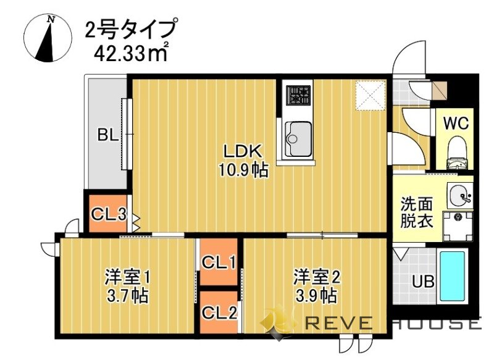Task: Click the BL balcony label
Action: [x=107, y=135]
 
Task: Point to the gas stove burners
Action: [x=299, y=95]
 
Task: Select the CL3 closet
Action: [x=109, y=214]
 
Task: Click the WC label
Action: [x=456, y=122]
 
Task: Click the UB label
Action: [x=423, y=282]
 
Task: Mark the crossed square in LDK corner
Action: [x=371, y=95]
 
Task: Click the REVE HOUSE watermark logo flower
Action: [x=276, y=322]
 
